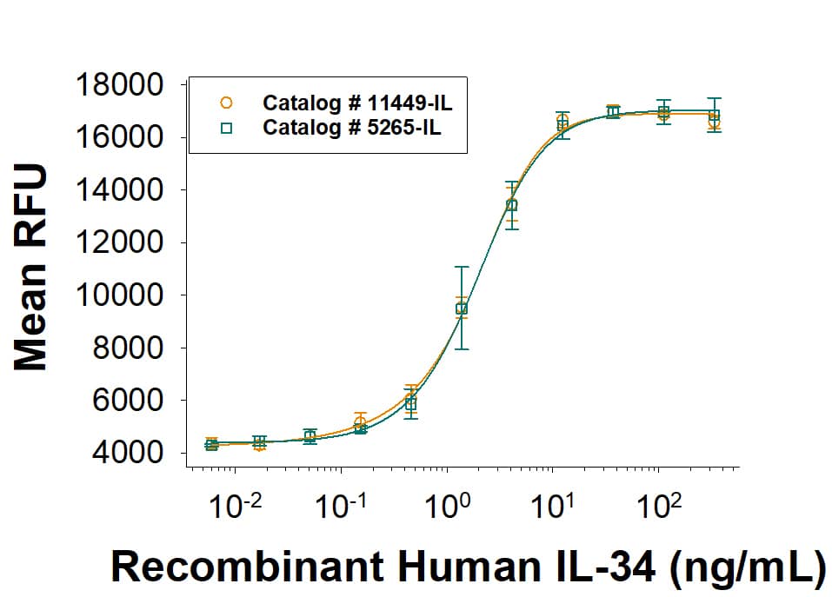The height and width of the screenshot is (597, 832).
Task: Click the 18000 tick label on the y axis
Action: click(x=121, y=86)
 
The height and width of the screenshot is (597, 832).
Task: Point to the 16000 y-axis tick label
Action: click(x=121, y=138)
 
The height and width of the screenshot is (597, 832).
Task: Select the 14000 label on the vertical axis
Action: click(x=121, y=190)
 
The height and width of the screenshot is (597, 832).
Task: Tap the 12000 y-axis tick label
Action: click(x=121, y=243)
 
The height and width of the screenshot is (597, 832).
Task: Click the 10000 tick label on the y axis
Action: click(x=121, y=295)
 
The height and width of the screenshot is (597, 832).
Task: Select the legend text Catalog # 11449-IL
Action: click(x=357, y=103)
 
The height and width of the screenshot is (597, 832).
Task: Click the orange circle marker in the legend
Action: click(x=226, y=103)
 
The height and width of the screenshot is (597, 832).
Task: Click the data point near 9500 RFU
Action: click(x=462, y=308)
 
